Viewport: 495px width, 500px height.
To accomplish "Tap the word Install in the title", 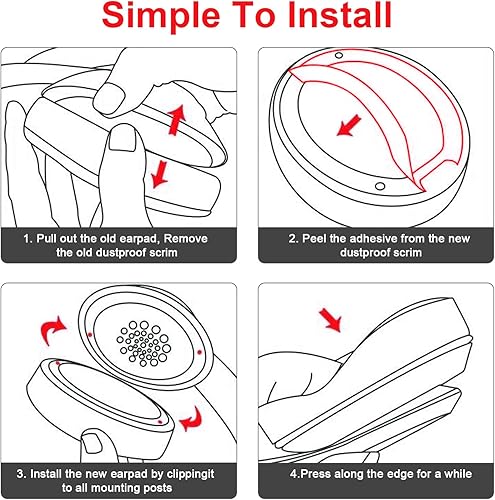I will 332,18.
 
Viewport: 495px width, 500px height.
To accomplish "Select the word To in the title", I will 246,18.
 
